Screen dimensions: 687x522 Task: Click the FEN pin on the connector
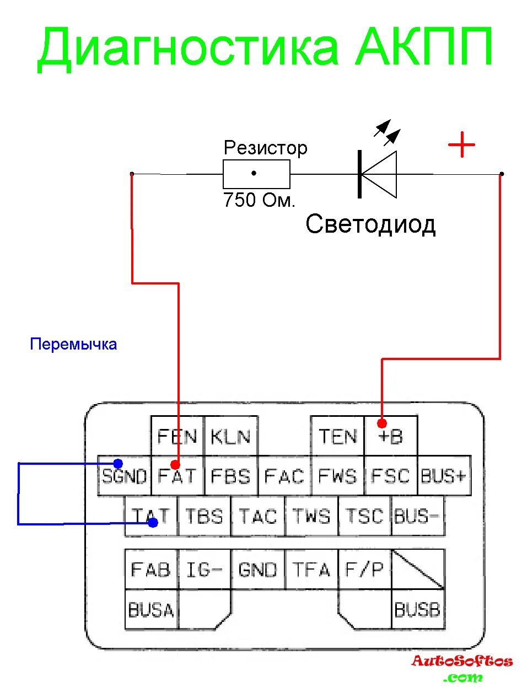(x=177, y=436)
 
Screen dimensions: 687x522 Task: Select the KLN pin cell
(x=230, y=436)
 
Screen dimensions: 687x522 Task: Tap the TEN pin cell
(x=337, y=436)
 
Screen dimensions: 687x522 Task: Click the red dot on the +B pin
(x=382, y=423)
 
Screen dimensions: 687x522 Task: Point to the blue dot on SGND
(x=117, y=463)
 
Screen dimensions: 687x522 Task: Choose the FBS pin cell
(x=230, y=476)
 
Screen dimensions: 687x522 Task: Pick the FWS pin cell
(x=337, y=476)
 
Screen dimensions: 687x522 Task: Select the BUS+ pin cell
(x=444, y=476)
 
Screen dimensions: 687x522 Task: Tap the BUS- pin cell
(x=417, y=516)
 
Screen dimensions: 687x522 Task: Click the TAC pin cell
(x=257, y=516)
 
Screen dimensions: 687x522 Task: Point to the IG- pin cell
(x=204, y=569)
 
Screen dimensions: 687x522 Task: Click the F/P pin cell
(x=364, y=569)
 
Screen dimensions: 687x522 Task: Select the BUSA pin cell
(x=151, y=609)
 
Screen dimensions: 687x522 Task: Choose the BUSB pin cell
(x=417, y=609)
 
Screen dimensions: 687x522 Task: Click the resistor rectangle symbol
(x=256, y=174)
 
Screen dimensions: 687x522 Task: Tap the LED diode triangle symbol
(x=379, y=174)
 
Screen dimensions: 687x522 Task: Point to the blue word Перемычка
(x=73, y=345)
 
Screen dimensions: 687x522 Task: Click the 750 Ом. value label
(x=259, y=200)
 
